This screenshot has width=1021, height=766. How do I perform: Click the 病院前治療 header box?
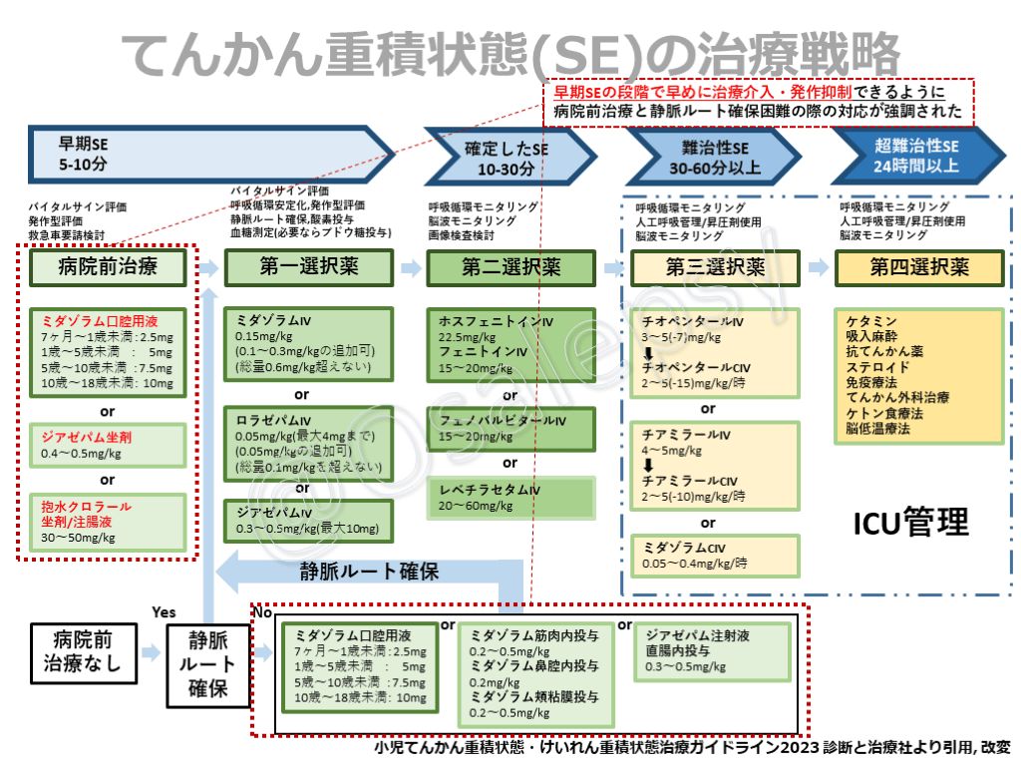coord(108,266)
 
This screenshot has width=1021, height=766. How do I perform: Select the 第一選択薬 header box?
coord(309,266)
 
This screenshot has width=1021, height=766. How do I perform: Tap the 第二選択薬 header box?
coord(510,266)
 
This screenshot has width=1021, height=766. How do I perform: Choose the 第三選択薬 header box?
coord(715,266)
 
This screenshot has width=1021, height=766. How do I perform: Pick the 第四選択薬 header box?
coord(918,266)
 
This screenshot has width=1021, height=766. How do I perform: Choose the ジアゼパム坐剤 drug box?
coord(108,445)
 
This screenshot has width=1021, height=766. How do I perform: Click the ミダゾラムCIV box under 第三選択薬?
coord(715,556)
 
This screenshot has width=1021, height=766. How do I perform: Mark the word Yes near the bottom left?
coord(164,611)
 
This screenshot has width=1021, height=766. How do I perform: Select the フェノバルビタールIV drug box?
coord(511,429)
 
